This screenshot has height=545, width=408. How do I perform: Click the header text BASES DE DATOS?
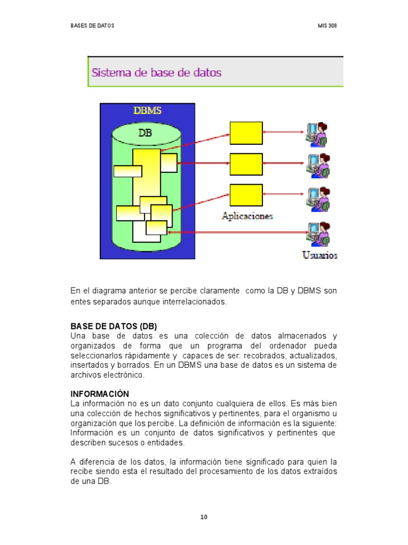pyautogui.click(x=92, y=26)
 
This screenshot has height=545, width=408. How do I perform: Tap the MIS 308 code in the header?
pyautogui.click(x=327, y=26)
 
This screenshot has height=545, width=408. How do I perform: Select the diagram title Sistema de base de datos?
pyautogui.click(x=157, y=72)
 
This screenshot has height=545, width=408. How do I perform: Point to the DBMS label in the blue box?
pyautogui.click(x=147, y=111)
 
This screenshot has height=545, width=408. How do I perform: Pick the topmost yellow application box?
pyautogui.click(x=246, y=133)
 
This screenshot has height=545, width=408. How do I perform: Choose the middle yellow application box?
pyautogui.click(x=246, y=164)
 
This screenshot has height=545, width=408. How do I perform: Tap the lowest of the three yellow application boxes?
pyautogui.click(x=246, y=195)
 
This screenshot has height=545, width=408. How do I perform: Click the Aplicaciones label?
pyautogui.click(x=247, y=216)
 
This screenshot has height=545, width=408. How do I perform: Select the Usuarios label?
pyautogui.click(x=320, y=255)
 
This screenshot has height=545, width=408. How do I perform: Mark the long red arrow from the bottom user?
pyautogui.click(x=237, y=232)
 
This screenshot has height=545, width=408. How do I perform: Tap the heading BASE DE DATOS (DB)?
pyautogui.click(x=114, y=326)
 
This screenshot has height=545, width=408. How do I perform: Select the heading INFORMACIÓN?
pyautogui.click(x=100, y=394)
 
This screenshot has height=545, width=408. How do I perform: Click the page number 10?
pyautogui.click(x=203, y=517)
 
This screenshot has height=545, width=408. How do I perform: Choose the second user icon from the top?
pyautogui.click(x=318, y=165)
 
